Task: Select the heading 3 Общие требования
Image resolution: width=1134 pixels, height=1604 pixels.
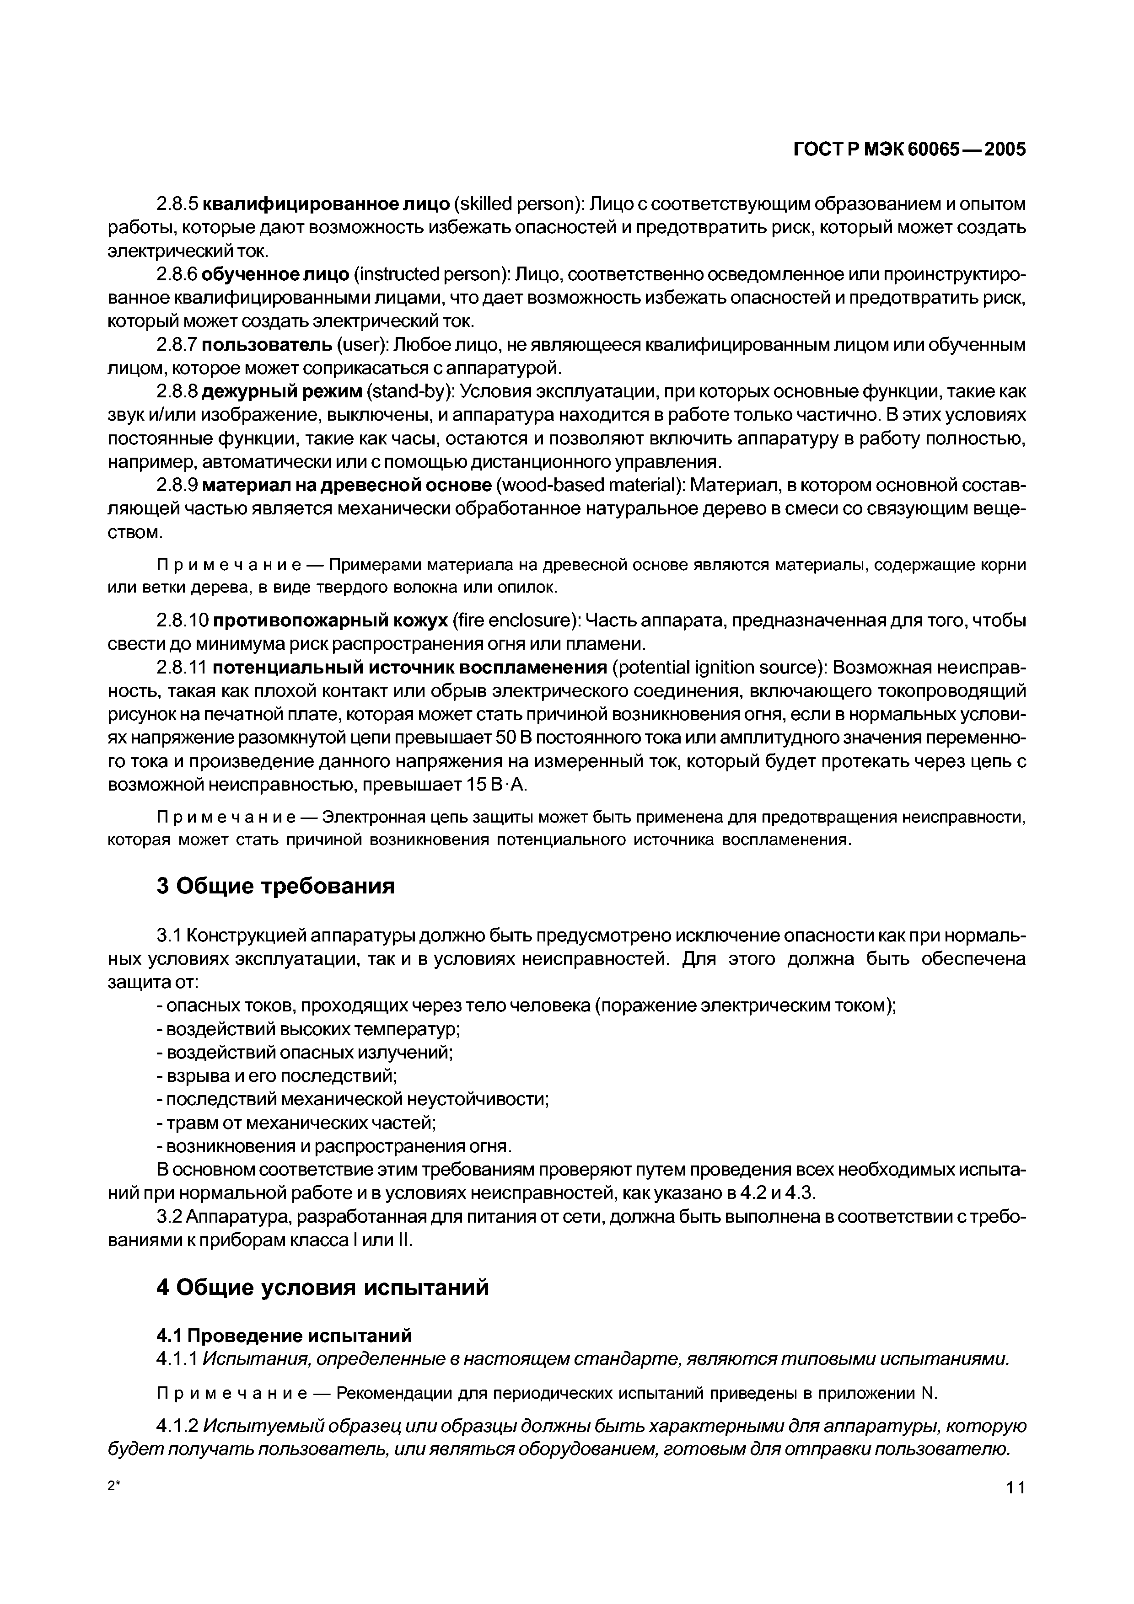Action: (x=275, y=887)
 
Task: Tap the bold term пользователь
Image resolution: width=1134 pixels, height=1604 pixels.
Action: (x=267, y=345)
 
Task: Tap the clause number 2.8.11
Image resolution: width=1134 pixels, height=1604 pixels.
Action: (x=182, y=668)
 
